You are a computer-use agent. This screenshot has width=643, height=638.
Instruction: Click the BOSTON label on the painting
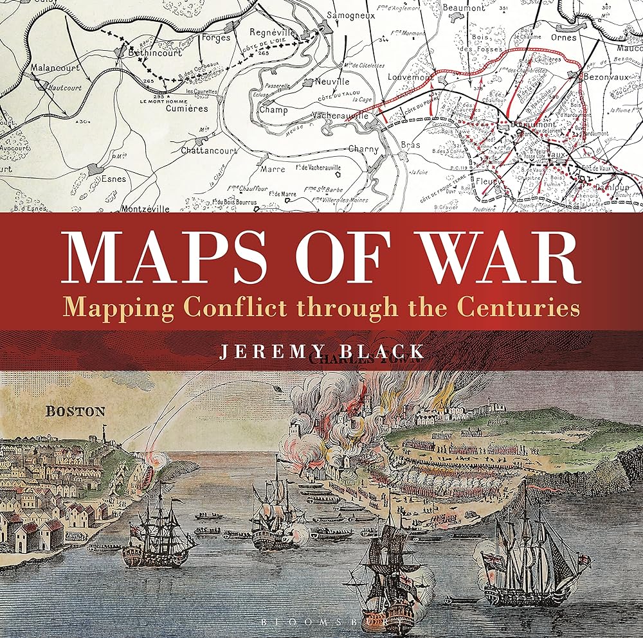pos(75,411)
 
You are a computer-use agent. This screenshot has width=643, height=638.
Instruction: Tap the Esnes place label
pos(114,179)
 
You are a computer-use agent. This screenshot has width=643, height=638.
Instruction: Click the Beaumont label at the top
pos(464,8)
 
